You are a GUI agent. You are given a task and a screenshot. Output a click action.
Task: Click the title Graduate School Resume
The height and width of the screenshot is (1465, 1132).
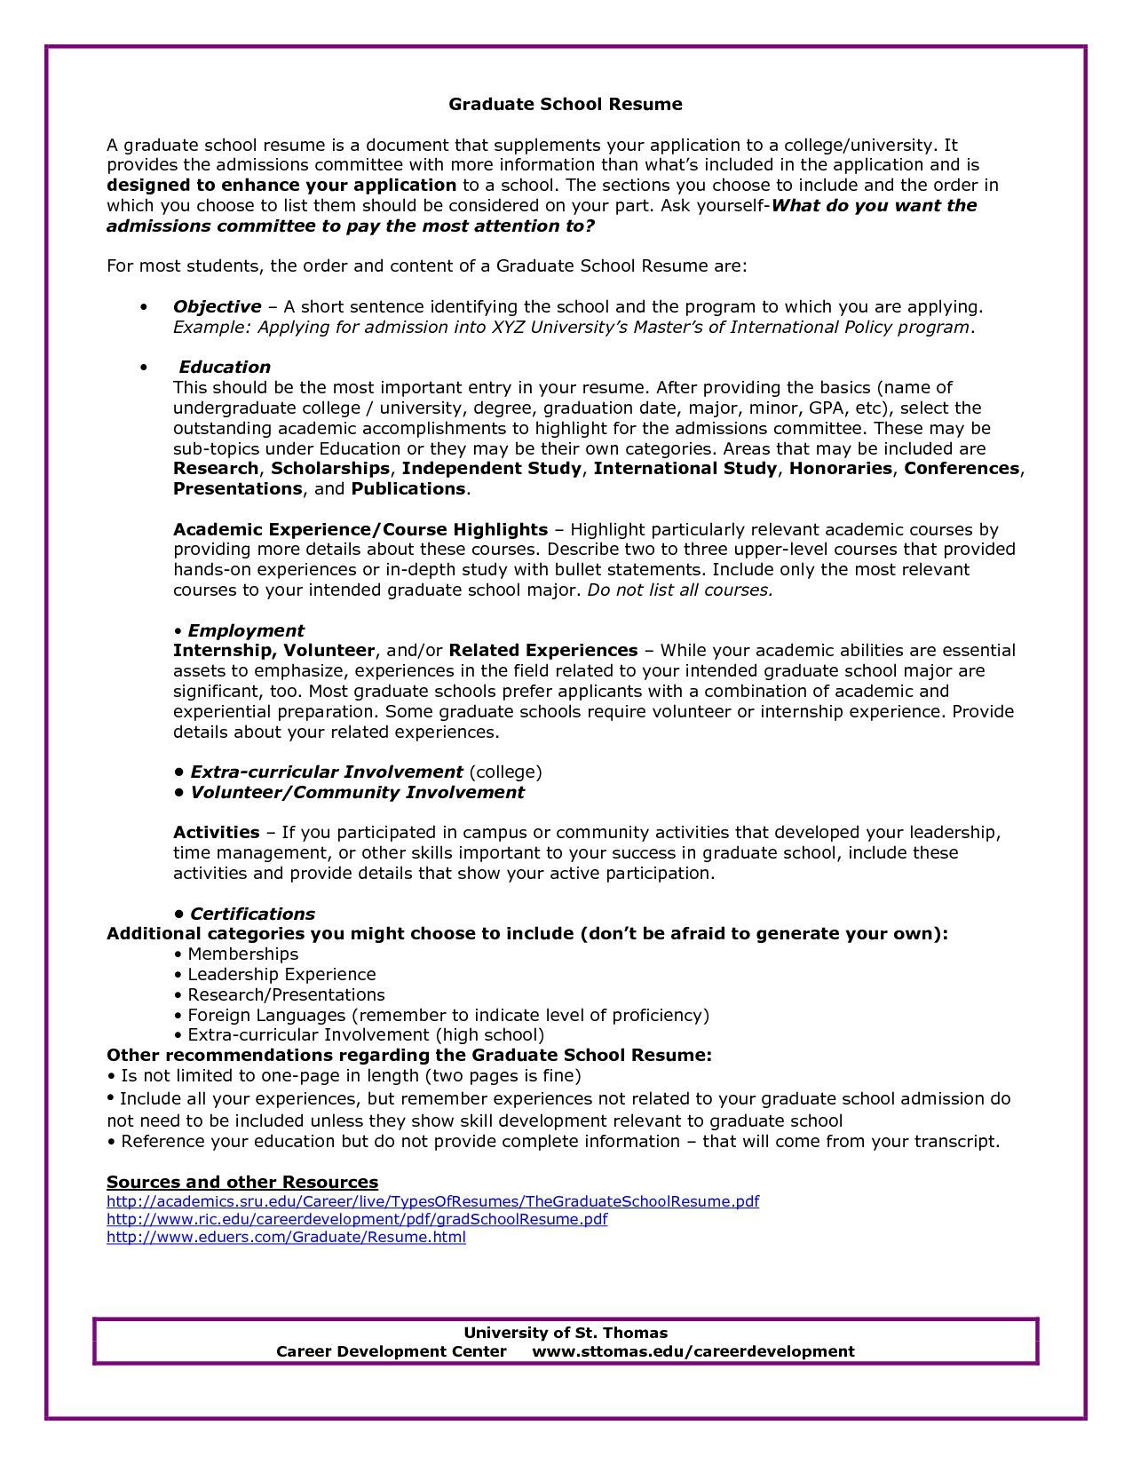pyautogui.click(x=565, y=105)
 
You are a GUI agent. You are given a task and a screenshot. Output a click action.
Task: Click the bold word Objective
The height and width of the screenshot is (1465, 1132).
pyautogui.click(x=217, y=307)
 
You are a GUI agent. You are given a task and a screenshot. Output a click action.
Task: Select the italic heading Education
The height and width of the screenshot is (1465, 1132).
pyautogui.click(x=225, y=368)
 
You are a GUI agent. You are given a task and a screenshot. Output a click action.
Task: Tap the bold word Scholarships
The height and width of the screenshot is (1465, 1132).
pyautogui.click(x=330, y=469)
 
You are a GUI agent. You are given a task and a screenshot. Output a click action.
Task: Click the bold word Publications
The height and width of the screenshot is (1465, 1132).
pyautogui.click(x=408, y=489)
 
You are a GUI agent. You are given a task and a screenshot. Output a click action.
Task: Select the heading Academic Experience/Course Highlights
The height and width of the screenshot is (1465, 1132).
pyautogui.click(x=360, y=530)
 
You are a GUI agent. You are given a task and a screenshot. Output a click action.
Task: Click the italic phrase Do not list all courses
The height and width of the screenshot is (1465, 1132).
pyautogui.click(x=680, y=590)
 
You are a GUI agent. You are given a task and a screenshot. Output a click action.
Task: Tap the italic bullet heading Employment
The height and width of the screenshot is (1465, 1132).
pyautogui.click(x=245, y=631)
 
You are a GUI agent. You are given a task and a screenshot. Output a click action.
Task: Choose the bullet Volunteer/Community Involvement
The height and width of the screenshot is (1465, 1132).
pyautogui.click(x=357, y=793)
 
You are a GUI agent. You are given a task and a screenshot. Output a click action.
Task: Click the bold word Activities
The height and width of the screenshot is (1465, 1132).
pyautogui.click(x=216, y=833)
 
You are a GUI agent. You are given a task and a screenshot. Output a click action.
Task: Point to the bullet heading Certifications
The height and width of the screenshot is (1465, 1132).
pyautogui.click(x=252, y=915)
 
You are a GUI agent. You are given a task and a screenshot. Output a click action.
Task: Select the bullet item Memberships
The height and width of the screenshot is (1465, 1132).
pyautogui.click(x=242, y=954)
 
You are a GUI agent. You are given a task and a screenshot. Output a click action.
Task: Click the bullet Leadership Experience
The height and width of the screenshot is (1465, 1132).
pyautogui.click(x=281, y=975)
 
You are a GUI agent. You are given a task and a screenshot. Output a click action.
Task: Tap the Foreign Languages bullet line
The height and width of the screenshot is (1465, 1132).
pyautogui.click(x=447, y=1015)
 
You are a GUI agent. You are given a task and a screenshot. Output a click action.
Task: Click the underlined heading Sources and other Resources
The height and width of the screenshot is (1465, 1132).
pyautogui.click(x=242, y=1183)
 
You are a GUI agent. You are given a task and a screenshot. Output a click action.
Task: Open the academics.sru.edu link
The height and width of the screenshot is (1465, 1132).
pyautogui.click(x=432, y=1202)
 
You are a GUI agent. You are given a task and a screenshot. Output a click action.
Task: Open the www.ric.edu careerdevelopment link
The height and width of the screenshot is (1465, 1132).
pyautogui.click(x=357, y=1220)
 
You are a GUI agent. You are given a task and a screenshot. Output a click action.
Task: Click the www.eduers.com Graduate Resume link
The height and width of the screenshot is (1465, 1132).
pyautogui.click(x=286, y=1238)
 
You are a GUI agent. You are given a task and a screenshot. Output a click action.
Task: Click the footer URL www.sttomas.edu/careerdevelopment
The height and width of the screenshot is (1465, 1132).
pyautogui.click(x=693, y=1352)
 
